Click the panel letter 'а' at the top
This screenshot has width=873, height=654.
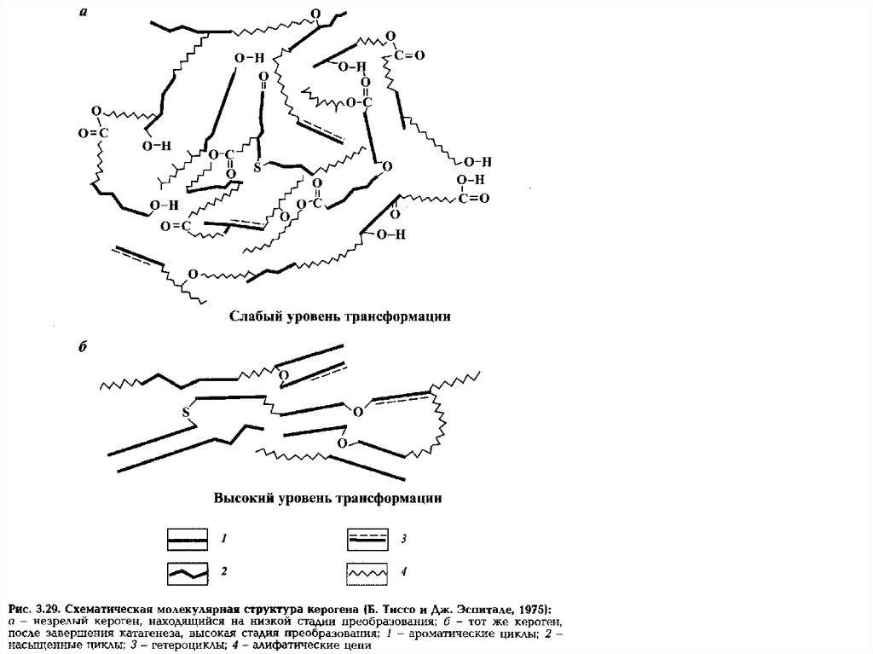(84, 12)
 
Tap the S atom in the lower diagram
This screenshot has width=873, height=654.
(185, 415)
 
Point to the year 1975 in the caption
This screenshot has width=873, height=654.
(534, 609)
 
